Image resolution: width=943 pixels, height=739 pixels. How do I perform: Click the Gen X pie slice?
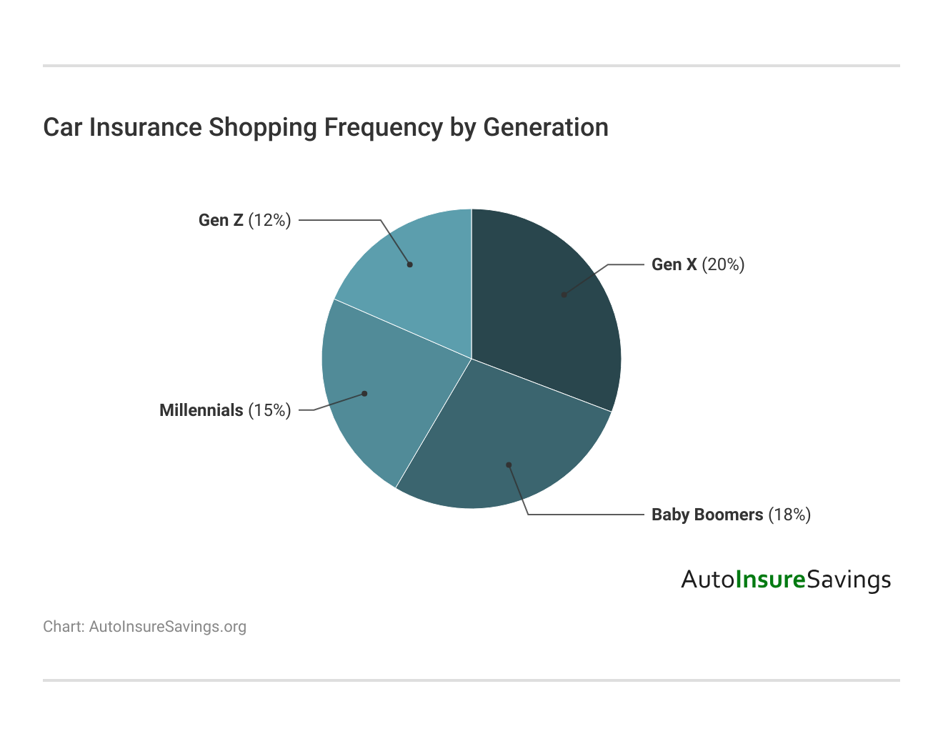coord(550,307)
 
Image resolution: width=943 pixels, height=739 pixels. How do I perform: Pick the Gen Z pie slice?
coord(421,279)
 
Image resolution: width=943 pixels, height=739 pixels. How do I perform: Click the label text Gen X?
coord(674,264)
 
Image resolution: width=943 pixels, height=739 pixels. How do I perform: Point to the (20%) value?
coord(723,264)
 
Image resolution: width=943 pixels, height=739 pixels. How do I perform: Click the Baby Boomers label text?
coord(707,515)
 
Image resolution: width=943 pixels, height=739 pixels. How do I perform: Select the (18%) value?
coord(789,515)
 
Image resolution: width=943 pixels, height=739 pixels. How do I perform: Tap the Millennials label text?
coord(201,410)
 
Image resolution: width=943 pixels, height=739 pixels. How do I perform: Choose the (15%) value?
coord(269,410)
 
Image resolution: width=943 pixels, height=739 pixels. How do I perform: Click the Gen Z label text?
coord(221,220)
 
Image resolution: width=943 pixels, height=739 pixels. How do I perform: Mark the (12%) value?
coord(269,220)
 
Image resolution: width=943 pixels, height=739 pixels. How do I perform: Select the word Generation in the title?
coord(546,127)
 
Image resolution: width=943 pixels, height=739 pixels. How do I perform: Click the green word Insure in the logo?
coord(770,579)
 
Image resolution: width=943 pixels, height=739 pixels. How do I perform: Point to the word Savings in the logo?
coord(849,579)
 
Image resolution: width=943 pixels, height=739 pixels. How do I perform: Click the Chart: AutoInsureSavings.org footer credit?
coord(144,627)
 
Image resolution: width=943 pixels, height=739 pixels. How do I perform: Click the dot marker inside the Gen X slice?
coord(564,294)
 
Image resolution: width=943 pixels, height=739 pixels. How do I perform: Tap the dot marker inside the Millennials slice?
coord(364,393)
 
